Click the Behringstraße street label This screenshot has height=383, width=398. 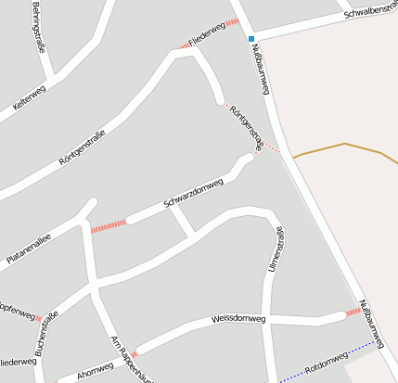(x=42, y=28)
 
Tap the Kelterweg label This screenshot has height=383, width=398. (x=28, y=101)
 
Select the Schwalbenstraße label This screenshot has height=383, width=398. (x=370, y=10)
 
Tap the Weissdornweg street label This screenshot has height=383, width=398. (x=238, y=319)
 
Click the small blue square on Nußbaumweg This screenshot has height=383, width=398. (x=250, y=39)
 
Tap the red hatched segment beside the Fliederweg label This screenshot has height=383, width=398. (x=232, y=22)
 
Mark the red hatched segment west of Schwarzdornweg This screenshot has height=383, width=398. (x=109, y=225)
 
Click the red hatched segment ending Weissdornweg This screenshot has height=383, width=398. (x=353, y=313)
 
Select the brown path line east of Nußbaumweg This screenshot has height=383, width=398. (x=343, y=146)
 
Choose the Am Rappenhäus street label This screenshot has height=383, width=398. (x=125, y=358)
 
